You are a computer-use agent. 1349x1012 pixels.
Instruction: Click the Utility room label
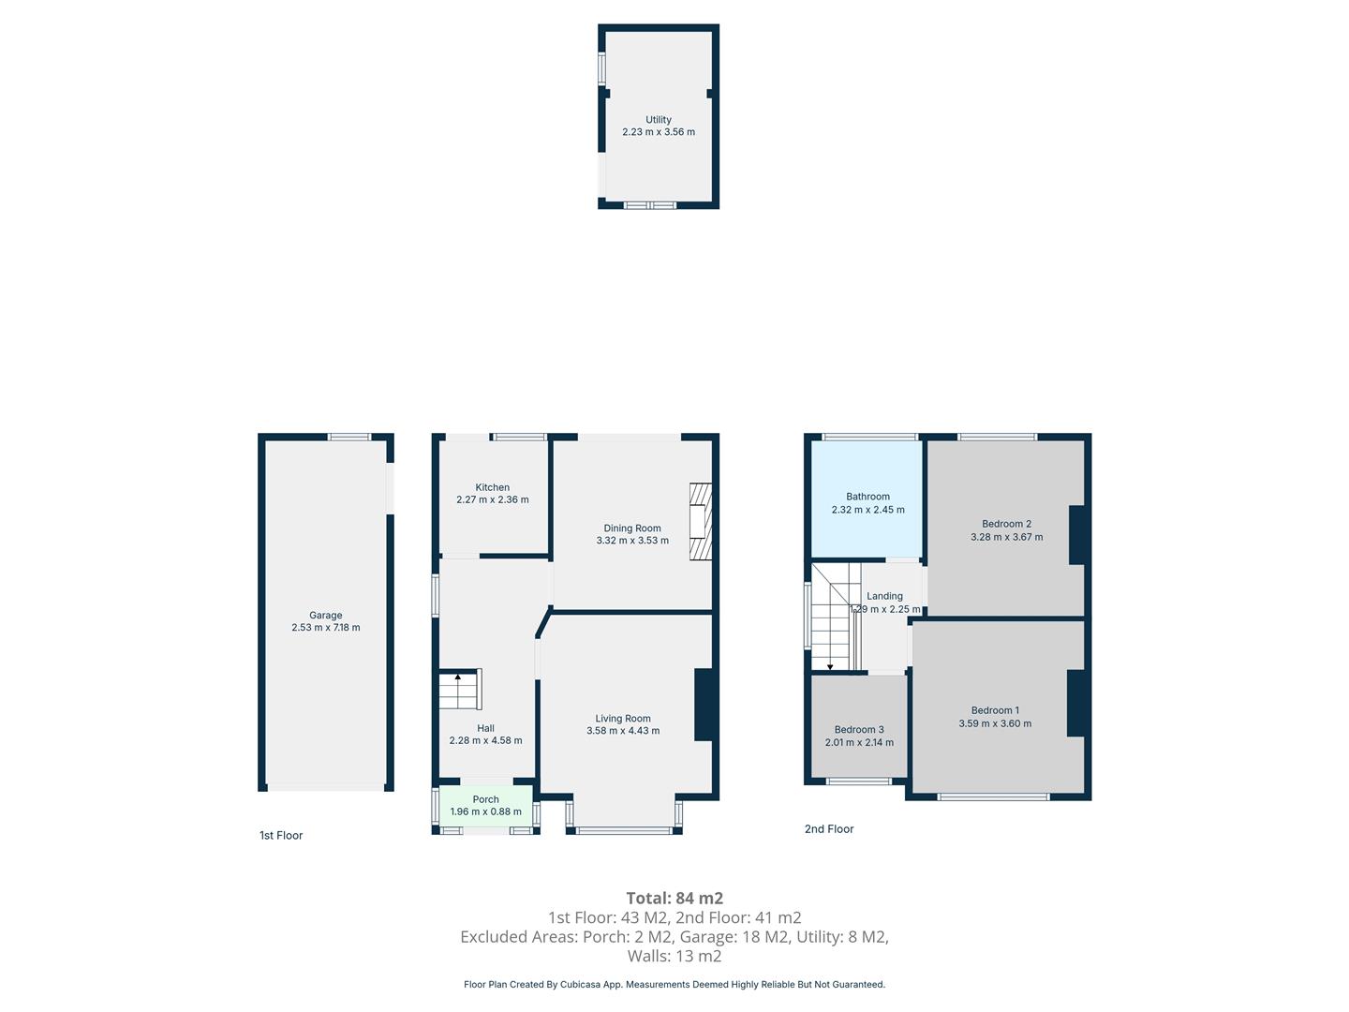pos(658,120)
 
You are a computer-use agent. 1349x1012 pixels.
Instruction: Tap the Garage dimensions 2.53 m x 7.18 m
pos(326,628)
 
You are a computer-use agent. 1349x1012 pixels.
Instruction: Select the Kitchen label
pos(492,487)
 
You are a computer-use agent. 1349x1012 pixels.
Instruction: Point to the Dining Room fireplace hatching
pos(700,521)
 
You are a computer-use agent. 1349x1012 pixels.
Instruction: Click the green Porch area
pos(485,806)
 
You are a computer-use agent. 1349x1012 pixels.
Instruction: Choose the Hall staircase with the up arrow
pos(460,690)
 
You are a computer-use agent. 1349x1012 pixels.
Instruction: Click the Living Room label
pos(623,719)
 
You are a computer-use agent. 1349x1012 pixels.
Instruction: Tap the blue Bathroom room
pos(867,499)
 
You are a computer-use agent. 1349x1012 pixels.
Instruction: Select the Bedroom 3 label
pos(858,729)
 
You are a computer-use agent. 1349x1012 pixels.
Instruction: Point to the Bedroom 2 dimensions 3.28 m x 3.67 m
pos(1007,537)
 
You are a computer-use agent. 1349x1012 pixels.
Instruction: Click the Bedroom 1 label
pos(995,710)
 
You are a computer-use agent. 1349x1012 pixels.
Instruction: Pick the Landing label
pos(884,596)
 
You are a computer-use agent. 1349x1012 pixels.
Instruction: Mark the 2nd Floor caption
pos(829,829)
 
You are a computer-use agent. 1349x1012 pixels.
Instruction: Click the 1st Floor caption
pos(281,835)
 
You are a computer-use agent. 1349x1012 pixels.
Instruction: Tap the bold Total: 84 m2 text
pos(674,899)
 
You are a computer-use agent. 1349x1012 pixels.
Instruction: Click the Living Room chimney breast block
pos(704,705)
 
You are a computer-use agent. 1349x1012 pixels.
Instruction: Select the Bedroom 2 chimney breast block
pos(1076,534)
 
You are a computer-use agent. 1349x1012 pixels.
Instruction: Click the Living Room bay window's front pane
pos(624,831)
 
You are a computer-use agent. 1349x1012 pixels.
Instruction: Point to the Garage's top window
pos(349,437)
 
